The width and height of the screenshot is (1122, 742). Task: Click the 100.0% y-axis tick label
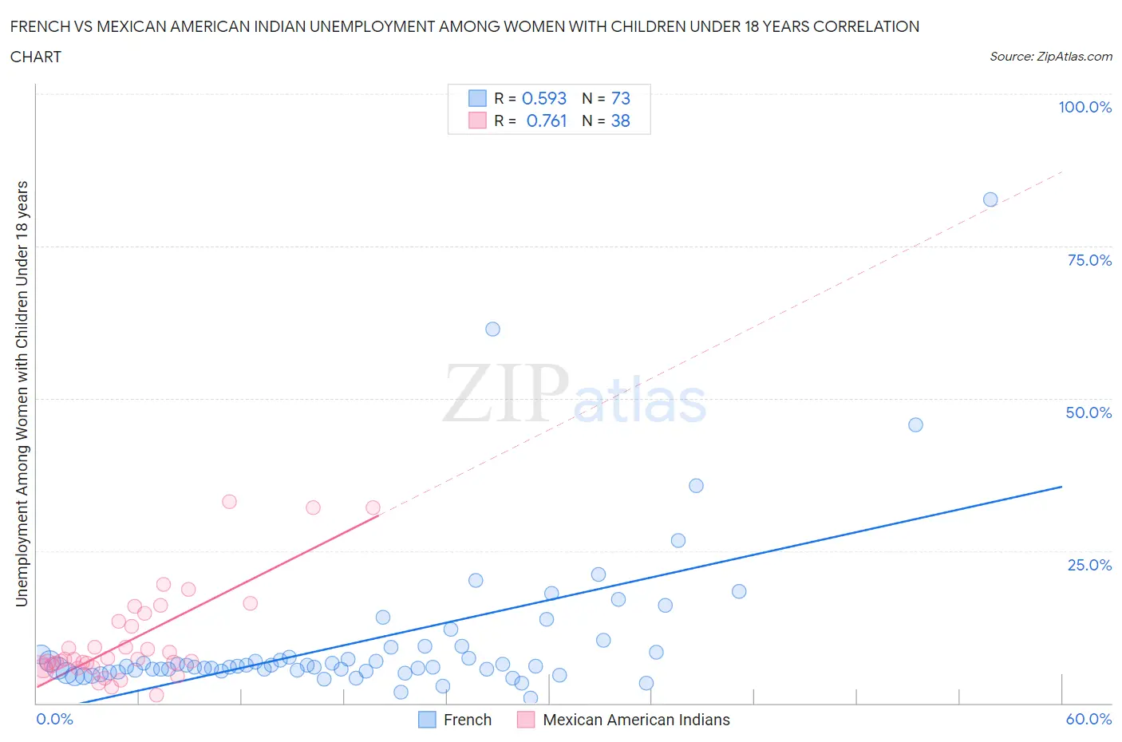pyautogui.click(x=1084, y=107)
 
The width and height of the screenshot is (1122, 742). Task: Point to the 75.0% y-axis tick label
pyautogui.click(x=1089, y=260)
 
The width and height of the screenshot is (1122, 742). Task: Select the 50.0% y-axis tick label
pyautogui.click(x=1088, y=412)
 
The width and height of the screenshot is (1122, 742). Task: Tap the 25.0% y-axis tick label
pyautogui.click(x=1089, y=565)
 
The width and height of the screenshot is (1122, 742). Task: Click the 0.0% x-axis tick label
pyautogui.click(x=54, y=719)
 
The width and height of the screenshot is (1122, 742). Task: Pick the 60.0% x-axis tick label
pyautogui.click(x=1088, y=719)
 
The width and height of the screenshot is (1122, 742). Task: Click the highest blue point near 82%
pyautogui.click(x=990, y=199)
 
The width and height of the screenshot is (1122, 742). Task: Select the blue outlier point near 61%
pyautogui.click(x=492, y=330)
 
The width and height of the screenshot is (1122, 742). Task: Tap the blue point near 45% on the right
pyautogui.click(x=915, y=424)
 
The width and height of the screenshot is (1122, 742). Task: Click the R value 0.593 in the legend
pyautogui.click(x=543, y=98)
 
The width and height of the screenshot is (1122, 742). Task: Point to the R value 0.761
pyautogui.click(x=546, y=120)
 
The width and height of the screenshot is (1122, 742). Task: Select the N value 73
pyautogui.click(x=620, y=98)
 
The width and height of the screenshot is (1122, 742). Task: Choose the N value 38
pyautogui.click(x=620, y=120)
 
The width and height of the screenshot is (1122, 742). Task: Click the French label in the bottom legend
pyautogui.click(x=467, y=720)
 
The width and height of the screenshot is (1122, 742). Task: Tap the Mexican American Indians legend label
pyautogui.click(x=636, y=720)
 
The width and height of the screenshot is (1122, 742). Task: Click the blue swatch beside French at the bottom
pyautogui.click(x=427, y=720)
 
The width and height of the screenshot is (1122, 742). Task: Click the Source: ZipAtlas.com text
pyautogui.click(x=1050, y=57)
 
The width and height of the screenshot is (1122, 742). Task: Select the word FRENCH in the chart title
pyautogui.click(x=38, y=26)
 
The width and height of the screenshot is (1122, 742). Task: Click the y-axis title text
pyautogui.click(x=22, y=393)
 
